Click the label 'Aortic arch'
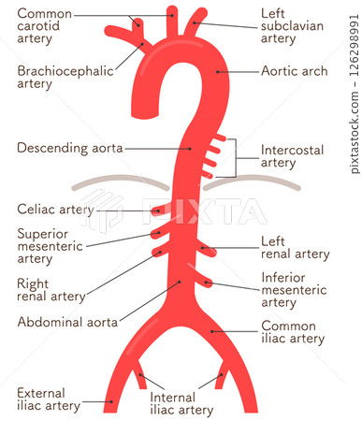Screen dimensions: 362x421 [294, 71]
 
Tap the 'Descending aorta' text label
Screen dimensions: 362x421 [70, 148]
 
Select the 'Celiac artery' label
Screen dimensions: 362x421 [55, 210]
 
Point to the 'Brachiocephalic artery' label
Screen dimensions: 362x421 [65, 77]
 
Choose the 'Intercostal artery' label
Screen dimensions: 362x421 [291, 156]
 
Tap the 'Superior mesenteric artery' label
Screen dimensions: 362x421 [50, 245]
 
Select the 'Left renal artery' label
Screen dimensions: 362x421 [295, 247]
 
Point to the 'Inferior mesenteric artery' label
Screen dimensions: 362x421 [295, 290]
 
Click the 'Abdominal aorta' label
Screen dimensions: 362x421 [67, 322]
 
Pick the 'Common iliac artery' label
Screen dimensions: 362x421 [294, 332]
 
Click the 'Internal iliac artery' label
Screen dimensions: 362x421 [181, 403]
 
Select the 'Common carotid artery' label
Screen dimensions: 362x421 [44, 25]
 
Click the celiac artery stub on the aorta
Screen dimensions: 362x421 [159, 210]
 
